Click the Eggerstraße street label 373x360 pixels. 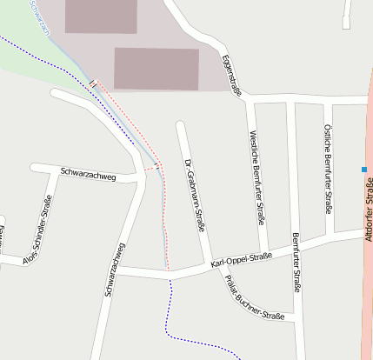coord(230,76)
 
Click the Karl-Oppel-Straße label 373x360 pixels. coord(242,259)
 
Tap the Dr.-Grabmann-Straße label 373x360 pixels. coord(195,195)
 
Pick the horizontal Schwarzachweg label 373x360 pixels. coord(89,173)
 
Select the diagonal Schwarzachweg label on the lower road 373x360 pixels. coord(116,270)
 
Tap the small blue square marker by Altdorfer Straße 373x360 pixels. coord(363,169)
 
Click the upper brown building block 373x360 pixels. coord(101,16)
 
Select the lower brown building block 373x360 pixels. coord(157,68)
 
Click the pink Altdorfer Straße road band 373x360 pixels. coord(366,287)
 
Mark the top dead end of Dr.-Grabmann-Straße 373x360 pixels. coord(179,126)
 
